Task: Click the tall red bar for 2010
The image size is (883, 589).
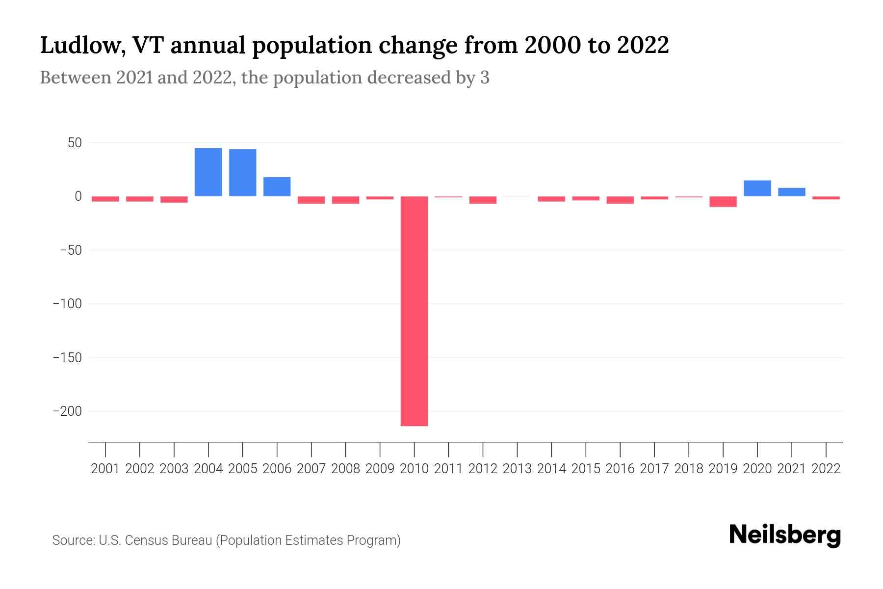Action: (414, 311)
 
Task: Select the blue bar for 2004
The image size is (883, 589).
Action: (208, 172)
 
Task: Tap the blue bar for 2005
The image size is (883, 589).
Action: (242, 172)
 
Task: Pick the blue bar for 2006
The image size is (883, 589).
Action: (277, 187)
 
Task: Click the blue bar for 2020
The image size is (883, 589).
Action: (757, 188)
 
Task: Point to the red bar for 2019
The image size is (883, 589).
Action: (723, 202)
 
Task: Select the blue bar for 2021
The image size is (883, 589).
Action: (791, 192)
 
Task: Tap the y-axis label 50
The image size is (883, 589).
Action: (75, 143)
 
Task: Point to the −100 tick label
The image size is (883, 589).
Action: (67, 304)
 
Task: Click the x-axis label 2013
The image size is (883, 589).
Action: (517, 469)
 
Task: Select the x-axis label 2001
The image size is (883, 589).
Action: (105, 469)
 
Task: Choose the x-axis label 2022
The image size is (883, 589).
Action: (826, 469)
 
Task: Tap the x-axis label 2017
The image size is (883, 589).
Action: (654, 469)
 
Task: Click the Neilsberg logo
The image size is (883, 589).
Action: (785, 535)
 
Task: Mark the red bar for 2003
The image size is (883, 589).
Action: (174, 199)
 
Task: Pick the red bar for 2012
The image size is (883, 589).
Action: (483, 200)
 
